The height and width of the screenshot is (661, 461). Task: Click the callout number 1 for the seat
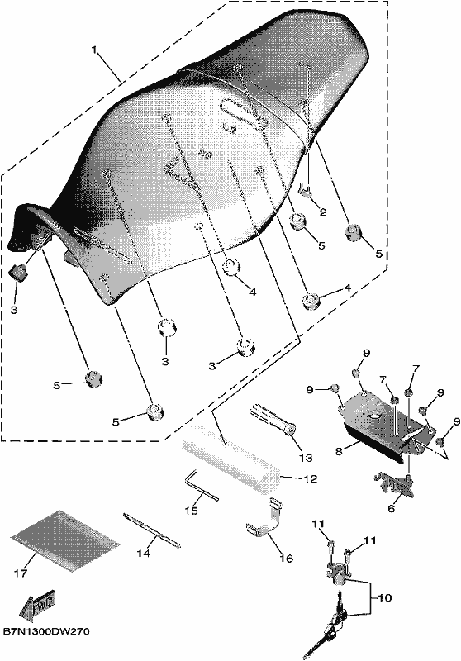click(94, 50)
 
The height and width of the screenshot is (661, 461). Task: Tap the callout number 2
click(323, 212)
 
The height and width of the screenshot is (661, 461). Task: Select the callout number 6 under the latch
click(392, 509)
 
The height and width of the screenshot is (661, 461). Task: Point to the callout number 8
click(339, 450)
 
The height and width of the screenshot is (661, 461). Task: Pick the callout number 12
click(311, 479)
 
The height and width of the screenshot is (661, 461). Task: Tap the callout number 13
click(306, 458)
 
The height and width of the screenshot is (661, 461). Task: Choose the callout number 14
click(143, 553)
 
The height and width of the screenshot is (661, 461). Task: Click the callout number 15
click(191, 511)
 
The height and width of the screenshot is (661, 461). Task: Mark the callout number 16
click(286, 559)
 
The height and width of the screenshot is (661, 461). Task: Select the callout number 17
click(21, 573)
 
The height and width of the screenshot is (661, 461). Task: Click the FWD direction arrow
click(38, 606)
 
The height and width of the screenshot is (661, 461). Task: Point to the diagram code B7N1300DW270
click(46, 632)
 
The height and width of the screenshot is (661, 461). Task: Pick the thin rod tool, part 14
click(151, 530)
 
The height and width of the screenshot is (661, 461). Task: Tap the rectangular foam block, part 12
click(231, 458)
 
